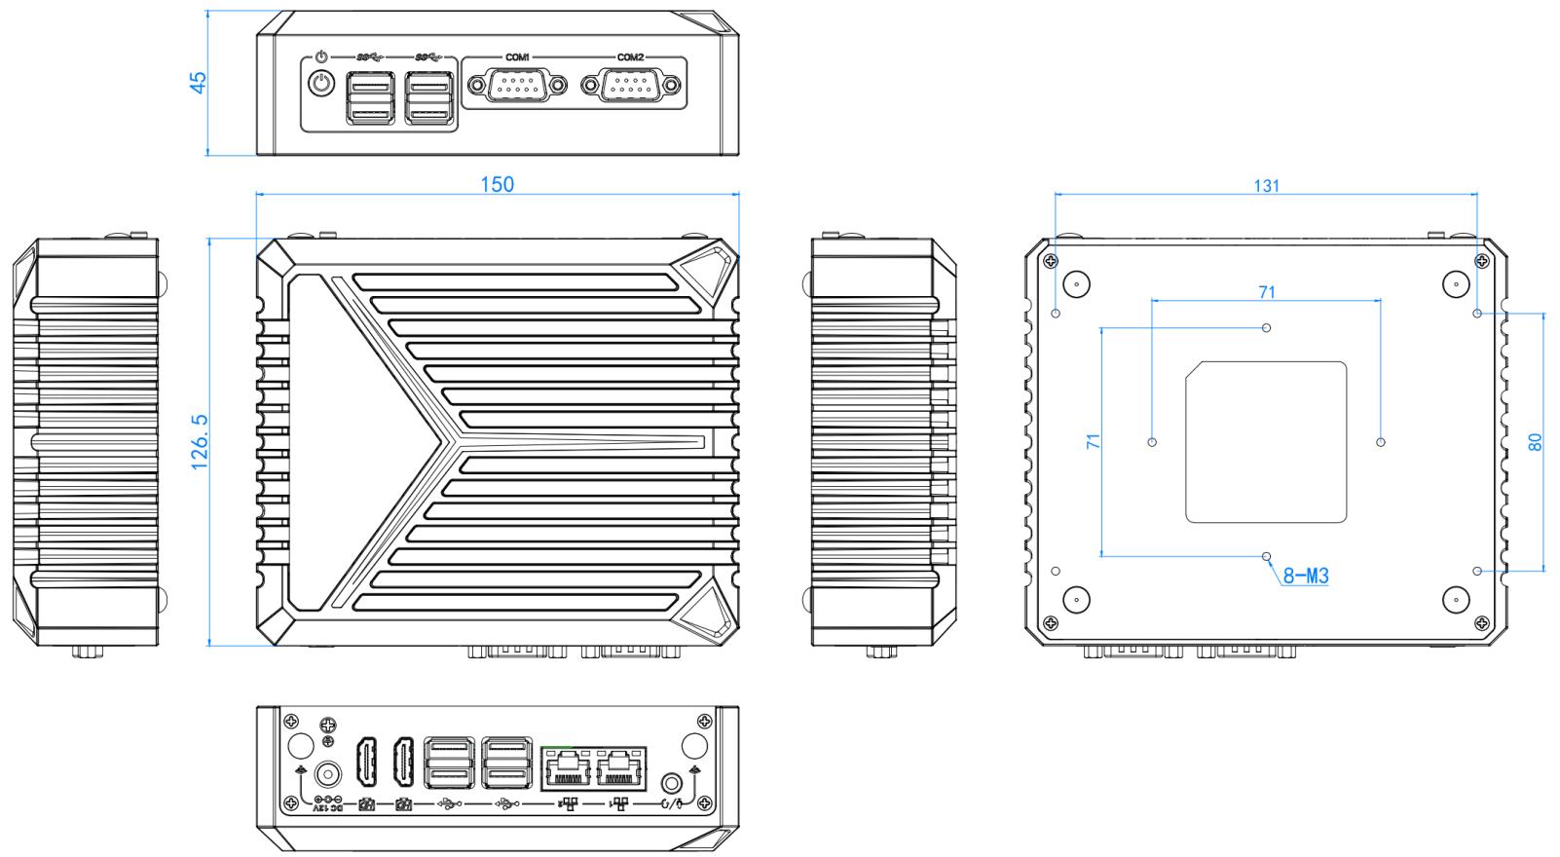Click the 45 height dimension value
(198, 82)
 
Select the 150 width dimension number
(497, 184)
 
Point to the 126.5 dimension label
(200, 441)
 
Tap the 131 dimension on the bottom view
(1266, 185)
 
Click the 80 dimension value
(1535, 441)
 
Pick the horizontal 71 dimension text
(1266, 291)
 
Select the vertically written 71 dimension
(1093, 441)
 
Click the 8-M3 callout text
(1306, 577)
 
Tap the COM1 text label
(517, 57)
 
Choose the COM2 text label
(630, 57)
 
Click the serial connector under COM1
(517, 88)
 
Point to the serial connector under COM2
(630, 88)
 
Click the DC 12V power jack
(328, 775)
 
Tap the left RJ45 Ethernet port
(565, 772)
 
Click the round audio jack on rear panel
(671, 782)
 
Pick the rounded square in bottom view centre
(1266, 441)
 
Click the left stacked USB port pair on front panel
(368, 100)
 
